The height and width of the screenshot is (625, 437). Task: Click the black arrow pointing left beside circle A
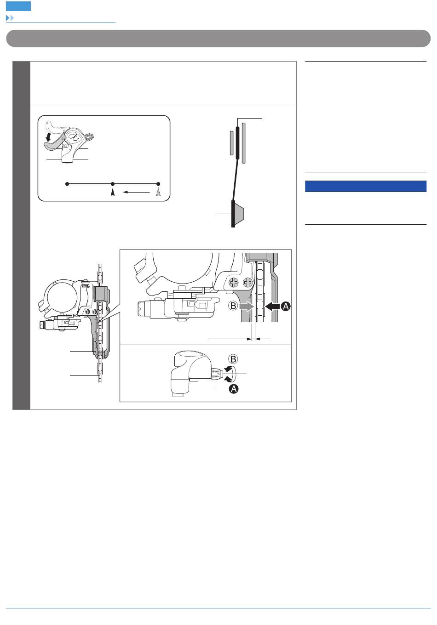272,307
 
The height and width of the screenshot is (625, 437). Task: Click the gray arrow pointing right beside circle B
247,307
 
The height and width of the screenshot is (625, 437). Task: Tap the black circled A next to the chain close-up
286,307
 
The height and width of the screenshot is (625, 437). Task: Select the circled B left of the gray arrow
233,306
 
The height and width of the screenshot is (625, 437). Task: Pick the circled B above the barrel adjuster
233,359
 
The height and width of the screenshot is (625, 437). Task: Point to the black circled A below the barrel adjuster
234,388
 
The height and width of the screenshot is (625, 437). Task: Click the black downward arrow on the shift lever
49,137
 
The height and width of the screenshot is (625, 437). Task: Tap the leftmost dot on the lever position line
67,184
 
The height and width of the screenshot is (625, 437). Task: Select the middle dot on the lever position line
113,184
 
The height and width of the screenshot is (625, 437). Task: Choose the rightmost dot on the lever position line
158,184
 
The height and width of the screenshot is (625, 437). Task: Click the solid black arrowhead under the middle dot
113,193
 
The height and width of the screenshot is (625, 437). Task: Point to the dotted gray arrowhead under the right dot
158,193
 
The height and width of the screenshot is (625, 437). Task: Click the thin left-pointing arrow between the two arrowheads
136,192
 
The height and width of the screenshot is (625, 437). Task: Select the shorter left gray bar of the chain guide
231,143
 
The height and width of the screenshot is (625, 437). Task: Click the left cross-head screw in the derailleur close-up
234,283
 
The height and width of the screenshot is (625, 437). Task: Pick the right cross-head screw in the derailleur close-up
247,283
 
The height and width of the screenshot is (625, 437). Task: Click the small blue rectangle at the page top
18,6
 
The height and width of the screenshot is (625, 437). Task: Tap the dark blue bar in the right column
366,187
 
